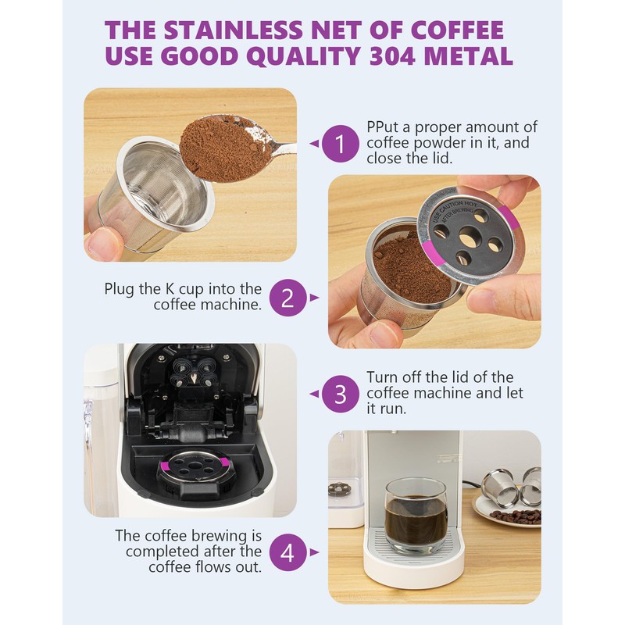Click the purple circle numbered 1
point(340,144)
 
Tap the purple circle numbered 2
point(287,298)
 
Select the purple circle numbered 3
point(340,394)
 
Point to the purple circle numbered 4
point(287,552)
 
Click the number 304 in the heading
point(391,56)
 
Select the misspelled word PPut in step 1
point(384,127)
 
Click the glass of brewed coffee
point(415,515)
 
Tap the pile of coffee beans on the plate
point(516,516)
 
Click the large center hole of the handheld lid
point(468,239)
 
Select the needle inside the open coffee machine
point(194,378)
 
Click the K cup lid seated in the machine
point(194,466)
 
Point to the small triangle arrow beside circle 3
point(314,394)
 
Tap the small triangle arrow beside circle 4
point(314,552)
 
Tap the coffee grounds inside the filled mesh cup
point(411,267)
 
